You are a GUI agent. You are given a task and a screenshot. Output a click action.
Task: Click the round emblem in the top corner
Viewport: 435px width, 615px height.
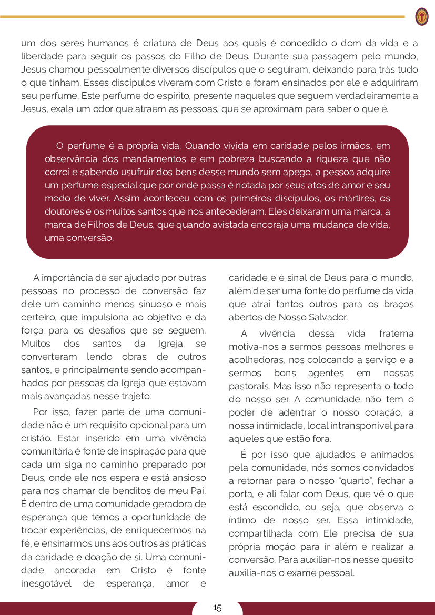421,17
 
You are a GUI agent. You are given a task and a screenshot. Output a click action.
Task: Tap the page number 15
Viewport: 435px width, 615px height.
217,608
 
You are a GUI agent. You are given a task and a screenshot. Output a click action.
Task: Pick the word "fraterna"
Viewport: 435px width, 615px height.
396,334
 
